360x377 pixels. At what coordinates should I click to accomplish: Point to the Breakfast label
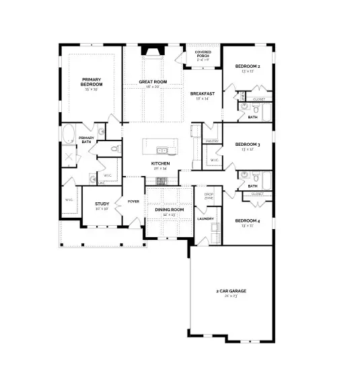[202, 93]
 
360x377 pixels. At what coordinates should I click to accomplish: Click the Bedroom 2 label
[248, 67]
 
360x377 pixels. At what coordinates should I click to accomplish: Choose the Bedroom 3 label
[248, 144]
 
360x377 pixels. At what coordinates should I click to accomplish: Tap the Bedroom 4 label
[248, 221]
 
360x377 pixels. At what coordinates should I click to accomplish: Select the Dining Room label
[169, 210]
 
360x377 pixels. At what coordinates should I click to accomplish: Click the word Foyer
[133, 200]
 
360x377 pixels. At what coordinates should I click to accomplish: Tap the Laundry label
[205, 218]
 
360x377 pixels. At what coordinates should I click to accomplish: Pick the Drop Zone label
[209, 196]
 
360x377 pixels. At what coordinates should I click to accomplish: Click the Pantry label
[211, 142]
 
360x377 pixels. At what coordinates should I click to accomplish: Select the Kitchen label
[160, 163]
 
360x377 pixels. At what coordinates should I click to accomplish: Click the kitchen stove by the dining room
[161, 181]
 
